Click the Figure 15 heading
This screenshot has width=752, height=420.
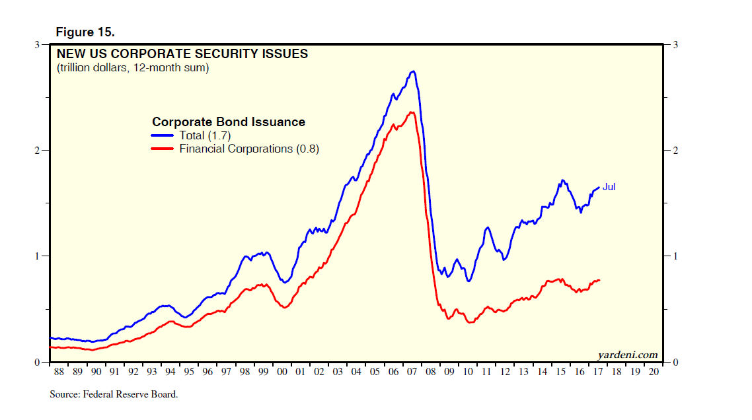tap(86, 32)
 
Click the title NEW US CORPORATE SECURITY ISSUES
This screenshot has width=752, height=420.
tap(182, 54)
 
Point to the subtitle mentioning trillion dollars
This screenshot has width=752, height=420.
tap(133, 67)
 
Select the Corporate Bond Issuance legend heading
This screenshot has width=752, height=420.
tap(229, 122)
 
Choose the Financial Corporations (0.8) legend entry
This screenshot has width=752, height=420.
tap(248, 149)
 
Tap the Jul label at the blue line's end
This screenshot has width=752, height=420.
tap(609, 188)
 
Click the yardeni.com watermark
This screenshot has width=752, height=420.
tap(628, 355)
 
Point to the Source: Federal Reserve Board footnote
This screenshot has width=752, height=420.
tap(114, 395)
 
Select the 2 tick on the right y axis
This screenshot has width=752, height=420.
tap(675, 151)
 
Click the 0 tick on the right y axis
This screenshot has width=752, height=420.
tap(675, 363)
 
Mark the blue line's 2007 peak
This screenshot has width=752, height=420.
tap(413, 71)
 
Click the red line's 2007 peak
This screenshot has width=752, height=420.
tap(412, 112)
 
